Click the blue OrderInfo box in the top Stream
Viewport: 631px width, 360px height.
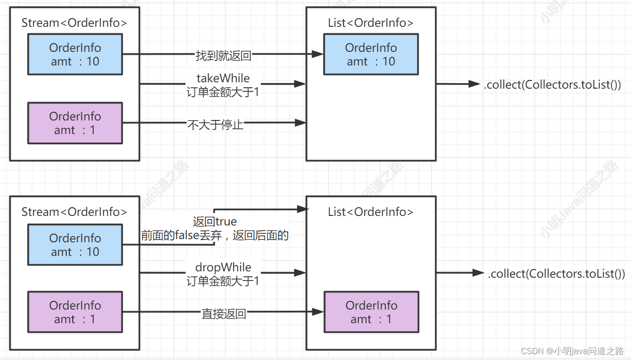75,55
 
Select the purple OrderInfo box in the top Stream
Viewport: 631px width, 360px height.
75,123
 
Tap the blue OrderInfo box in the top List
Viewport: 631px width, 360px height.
371,55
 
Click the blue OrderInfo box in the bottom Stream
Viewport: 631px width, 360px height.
75,245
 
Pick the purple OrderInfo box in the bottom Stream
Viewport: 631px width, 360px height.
75,312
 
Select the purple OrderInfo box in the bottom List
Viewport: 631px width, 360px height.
371,312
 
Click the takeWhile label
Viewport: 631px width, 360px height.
223,78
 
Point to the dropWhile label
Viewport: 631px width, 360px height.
223,267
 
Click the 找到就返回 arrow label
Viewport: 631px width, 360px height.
223,56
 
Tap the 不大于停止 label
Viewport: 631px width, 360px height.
215,125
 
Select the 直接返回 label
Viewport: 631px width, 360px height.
224,314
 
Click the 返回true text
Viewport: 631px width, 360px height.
215,222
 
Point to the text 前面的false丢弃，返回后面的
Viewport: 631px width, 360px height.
215,235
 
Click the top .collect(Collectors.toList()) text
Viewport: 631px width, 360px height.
552,85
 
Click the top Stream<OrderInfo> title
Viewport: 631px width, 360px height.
74,23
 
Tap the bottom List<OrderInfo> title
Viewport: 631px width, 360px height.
371,212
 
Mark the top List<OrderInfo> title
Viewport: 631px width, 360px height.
371,23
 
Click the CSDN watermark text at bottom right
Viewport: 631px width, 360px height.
572,351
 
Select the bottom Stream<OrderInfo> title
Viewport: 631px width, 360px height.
74,212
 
